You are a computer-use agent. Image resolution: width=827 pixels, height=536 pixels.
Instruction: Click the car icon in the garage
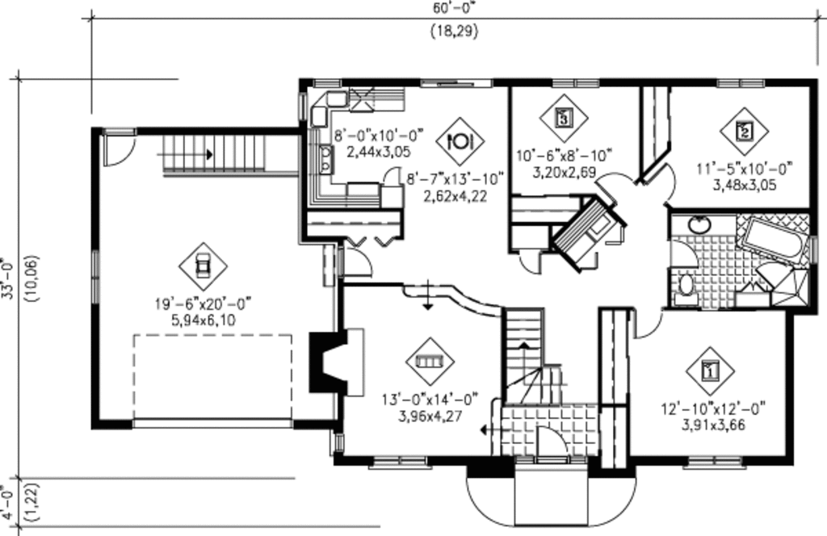tap(202, 266)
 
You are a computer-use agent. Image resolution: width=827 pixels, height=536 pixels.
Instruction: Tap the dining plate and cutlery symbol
tap(460, 142)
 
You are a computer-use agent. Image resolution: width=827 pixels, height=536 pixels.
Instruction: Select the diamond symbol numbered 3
tap(564, 118)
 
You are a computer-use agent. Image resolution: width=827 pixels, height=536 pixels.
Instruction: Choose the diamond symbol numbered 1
tap(710, 371)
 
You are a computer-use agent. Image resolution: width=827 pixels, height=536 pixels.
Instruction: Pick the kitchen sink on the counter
tap(325, 159)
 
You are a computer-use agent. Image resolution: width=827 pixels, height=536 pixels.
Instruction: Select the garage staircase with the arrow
tap(214, 153)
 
